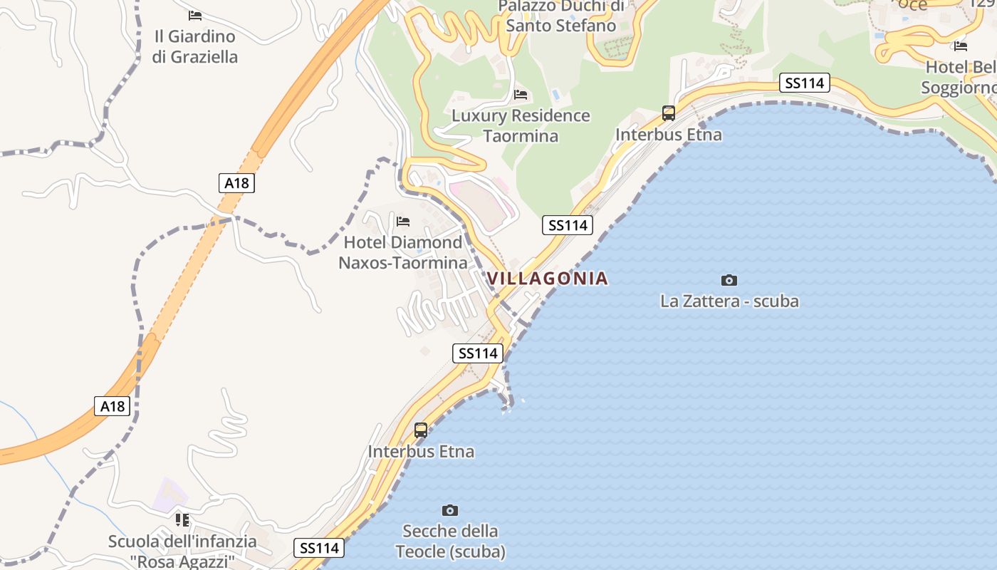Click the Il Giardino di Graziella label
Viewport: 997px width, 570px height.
point(194,46)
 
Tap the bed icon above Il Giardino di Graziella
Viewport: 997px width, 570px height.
point(195,15)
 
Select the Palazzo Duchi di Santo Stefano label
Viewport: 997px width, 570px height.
point(560,16)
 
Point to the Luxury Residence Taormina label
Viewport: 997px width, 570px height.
point(521,125)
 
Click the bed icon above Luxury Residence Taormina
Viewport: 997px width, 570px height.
point(521,94)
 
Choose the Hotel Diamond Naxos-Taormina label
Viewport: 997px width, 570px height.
point(403,252)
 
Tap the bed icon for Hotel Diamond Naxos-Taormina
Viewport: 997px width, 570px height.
point(403,222)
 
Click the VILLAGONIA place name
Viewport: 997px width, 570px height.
point(548,279)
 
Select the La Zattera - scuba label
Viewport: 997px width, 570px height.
point(729,301)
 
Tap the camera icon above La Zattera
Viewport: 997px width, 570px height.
point(729,280)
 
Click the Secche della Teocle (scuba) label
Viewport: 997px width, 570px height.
point(450,541)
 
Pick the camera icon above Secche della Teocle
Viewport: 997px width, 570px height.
point(449,510)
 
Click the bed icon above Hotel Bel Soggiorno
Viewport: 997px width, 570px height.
point(960,46)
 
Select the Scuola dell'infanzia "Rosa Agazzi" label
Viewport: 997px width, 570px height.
point(182,551)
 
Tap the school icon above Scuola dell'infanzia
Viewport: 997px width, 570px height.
point(182,520)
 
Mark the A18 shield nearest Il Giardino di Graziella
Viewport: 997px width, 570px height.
point(236,183)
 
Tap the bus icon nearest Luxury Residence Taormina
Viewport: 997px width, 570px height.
point(669,113)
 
